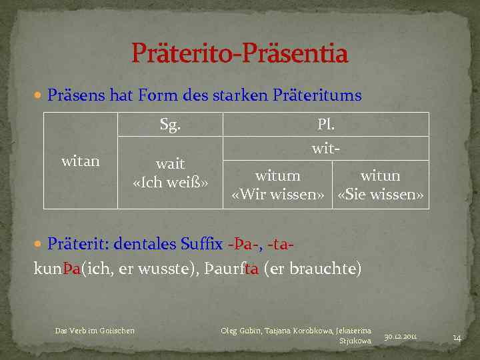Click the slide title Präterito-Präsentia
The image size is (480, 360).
pos(240,54)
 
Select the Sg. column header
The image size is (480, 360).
pos(170,125)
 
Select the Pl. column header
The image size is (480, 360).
pos(326,125)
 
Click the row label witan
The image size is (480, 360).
pos(81,161)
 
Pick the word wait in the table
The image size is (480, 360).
pos(170,164)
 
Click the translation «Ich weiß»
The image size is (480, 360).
pos(171,182)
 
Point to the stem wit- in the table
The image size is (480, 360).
pos(326,149)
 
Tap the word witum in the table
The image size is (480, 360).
pos(277,176)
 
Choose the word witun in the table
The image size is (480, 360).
pos(380,176)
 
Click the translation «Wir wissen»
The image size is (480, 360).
pos(277,195)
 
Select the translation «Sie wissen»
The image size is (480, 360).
pos(381,195)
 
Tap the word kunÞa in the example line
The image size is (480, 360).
pos(57,269)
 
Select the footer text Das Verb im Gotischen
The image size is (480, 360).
pos(95,330)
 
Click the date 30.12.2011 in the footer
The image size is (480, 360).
pos(401,337)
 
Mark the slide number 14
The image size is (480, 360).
pos(457,337)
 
